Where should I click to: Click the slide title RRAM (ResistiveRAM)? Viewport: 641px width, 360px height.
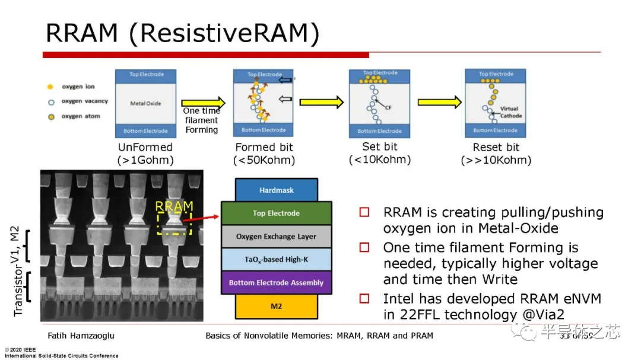click(182, 34)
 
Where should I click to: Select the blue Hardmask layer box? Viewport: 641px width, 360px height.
click(276, 190)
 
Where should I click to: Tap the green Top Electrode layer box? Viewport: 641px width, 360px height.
click(276, 214)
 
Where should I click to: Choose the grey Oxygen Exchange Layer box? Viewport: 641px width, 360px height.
click(276, 237)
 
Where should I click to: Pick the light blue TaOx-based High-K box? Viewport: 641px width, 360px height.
click(276, 259)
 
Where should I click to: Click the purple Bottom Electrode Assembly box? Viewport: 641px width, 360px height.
click(276, 282)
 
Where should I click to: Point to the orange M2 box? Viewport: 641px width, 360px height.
click(276, 306)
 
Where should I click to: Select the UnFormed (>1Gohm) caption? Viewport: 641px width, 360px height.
click(145, 154)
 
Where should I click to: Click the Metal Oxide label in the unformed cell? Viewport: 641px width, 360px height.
click(145, 103)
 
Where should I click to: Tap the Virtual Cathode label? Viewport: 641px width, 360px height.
click(509, 112)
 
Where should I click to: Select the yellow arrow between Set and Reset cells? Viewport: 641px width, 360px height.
click(439, 103)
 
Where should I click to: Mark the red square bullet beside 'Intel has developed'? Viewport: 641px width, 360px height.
click(364, 298)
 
